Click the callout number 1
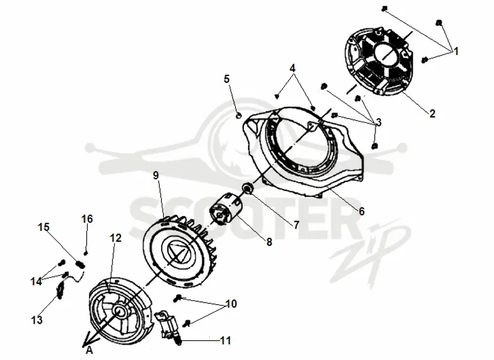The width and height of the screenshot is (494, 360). [x=456, y=51]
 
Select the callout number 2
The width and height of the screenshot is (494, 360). [x=432, y=114]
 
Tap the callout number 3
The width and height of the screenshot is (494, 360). [x=379, y=122]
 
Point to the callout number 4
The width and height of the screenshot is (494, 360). [x=293, y=68]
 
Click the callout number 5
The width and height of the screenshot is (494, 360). [x=227, y=79]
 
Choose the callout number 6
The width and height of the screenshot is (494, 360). [x=361, y=211]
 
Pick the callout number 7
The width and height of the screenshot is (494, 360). [x=296, y=225]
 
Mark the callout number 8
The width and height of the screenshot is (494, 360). [x=269, y=242]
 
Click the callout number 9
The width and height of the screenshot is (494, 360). [x=156, y=175]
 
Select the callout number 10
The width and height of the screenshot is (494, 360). [x=231, y=304]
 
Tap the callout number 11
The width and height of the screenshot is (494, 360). [x=225, y=341]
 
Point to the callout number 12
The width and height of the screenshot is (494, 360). [x=115, y=238]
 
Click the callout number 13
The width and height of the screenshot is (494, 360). [x=36, y=320]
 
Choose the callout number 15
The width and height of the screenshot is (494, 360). [x=44, y=227]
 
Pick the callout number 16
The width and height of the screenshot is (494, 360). [x=87, y=219]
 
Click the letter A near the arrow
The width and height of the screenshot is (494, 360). [x=90, y=350]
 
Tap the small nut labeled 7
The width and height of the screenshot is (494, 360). [x=248, y=188]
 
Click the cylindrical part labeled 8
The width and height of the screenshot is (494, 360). [x=225, y=208]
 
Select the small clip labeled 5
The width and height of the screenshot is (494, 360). [x=238, y=116]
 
